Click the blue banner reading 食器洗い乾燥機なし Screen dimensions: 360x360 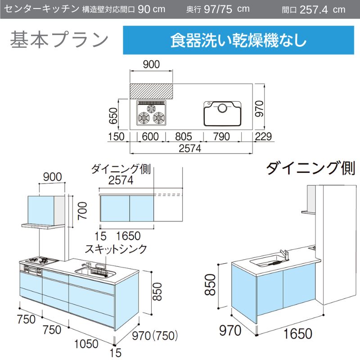pos(238,40)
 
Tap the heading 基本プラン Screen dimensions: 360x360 pos(59,40)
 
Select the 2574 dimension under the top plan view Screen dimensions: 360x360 pos(190,148)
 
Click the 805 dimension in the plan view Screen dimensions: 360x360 pos(184,136)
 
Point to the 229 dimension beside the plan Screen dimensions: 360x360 pos(263,136)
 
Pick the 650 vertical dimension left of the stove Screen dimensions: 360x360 pos(113,116)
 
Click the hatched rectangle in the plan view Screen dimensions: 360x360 pos(151,91)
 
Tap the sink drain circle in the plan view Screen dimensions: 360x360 pos(222,108)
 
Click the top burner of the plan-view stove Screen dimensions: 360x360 pos(151,108)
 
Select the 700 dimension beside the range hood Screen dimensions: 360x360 pos(82,211)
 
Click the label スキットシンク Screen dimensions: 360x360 pos(116,249)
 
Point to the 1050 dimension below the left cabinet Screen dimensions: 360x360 pos(86,344)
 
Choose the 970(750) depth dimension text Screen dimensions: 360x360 pos(155,336)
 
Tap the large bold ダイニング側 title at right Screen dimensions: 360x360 pos(310,168)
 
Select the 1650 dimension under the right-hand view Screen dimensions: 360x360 pos(298,333)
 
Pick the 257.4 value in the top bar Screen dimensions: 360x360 pos(314,9)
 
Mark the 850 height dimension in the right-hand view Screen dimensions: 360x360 pos(210,284)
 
